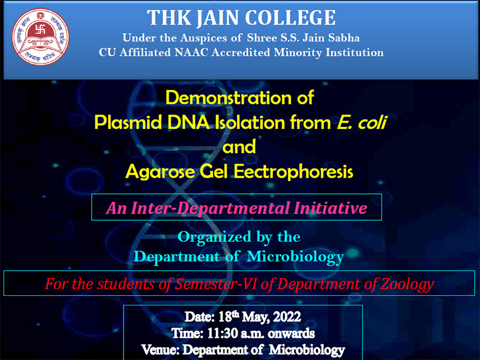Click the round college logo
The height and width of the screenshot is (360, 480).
point(41,37)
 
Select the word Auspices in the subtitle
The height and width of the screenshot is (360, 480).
point(203,38)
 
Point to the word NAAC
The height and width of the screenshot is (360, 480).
point(191,53)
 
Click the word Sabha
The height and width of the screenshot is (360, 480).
point(344,38)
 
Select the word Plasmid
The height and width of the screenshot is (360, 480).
point(128,122)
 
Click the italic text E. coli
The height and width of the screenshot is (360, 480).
point(362,122)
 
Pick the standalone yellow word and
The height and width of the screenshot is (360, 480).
point(239,146)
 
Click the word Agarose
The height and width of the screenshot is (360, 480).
point(160,172)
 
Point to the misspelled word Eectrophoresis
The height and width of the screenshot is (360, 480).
point(293,172)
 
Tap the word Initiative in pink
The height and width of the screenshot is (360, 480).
point(331,208)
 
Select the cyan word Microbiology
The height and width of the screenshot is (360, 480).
point(295,257)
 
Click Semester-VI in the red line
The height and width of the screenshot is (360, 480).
point(217,284)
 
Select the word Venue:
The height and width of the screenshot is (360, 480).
point(160,350)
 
